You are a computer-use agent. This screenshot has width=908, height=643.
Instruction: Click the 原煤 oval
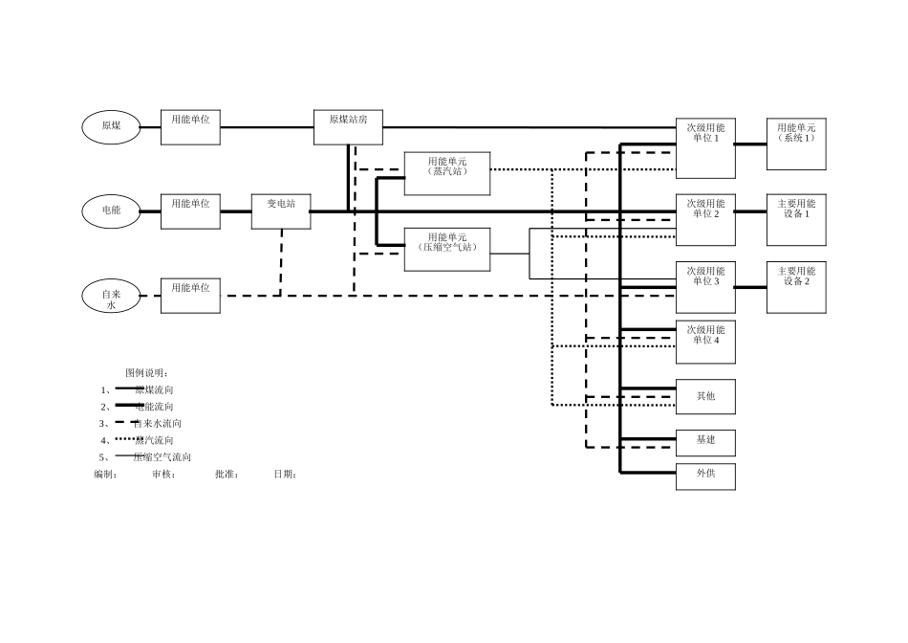111,126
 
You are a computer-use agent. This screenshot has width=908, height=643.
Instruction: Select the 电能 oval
111,211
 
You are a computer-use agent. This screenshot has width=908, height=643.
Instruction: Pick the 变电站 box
281,211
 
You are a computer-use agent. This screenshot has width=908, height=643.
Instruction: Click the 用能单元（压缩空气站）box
447,249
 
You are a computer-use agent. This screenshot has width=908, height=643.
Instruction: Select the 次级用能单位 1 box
705,148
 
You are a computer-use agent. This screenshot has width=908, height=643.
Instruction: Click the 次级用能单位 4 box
705,342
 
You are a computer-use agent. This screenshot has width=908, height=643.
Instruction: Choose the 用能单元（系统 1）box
796,144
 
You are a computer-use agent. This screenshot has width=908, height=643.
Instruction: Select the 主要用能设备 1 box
796,219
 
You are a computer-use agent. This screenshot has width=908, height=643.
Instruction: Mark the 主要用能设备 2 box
796,287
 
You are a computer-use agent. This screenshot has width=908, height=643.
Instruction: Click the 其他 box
705,397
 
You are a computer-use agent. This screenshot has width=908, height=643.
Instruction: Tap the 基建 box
705,442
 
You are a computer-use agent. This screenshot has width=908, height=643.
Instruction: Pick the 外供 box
705,477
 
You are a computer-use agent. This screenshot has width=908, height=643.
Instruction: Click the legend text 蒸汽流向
154,440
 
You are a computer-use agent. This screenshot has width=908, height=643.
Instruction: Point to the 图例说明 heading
146,372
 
